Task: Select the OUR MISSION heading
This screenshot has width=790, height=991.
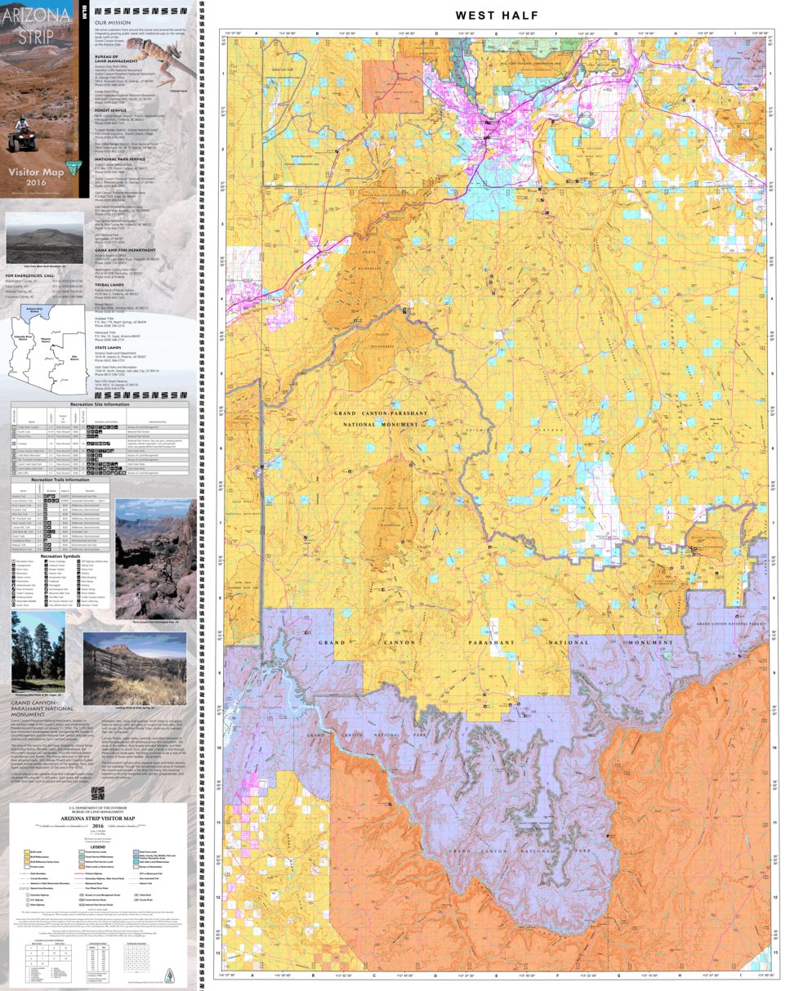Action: [x=111, y=22]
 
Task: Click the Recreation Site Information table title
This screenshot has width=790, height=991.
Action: [x=100, y=404]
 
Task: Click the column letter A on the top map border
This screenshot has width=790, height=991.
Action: [x=257, y=33]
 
